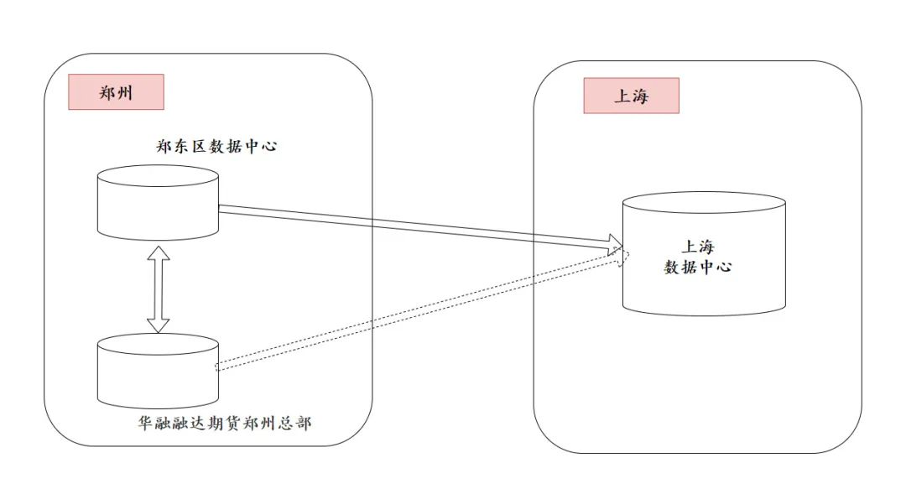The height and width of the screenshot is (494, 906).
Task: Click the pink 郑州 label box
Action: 116,92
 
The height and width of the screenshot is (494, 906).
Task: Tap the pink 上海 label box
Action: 631,96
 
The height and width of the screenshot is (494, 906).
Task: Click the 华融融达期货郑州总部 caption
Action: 225,424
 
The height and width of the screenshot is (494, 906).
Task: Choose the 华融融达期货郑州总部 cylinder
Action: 158,372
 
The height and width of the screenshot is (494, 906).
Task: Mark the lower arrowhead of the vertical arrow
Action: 158,324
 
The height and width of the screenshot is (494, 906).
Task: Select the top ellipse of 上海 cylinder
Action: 704,203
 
